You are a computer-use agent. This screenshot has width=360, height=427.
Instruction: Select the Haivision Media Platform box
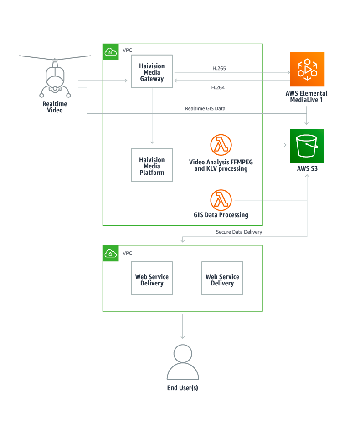tap(152, 166)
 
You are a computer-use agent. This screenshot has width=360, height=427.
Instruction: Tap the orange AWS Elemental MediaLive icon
tap(307, 69)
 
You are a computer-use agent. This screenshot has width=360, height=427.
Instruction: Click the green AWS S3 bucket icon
tap(307, 146)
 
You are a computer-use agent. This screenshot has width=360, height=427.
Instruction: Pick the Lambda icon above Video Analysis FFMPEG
tap(221, 145)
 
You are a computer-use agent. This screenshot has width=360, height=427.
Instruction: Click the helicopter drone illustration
tap(55, 77)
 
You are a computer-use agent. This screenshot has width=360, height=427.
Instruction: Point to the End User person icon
tap(183, 362)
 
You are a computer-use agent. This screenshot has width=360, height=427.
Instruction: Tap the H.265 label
tap(219, 68)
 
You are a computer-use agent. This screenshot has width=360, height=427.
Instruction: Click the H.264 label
tap(218, 87)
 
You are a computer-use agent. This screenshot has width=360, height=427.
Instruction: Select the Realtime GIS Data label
tap(205, 108)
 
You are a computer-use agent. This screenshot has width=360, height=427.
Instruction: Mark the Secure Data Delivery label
tap(239, 232)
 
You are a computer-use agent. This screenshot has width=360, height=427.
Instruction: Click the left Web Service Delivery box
tap(152, 280)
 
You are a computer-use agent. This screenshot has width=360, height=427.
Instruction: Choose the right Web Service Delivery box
tap(222, 280)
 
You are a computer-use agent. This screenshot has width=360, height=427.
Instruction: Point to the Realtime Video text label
tap(55, 107)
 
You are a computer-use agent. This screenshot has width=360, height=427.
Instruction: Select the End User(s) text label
tap(183, 388)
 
